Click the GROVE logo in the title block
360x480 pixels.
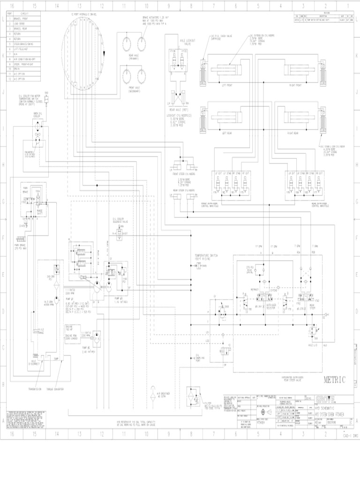[x=324, y=399]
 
